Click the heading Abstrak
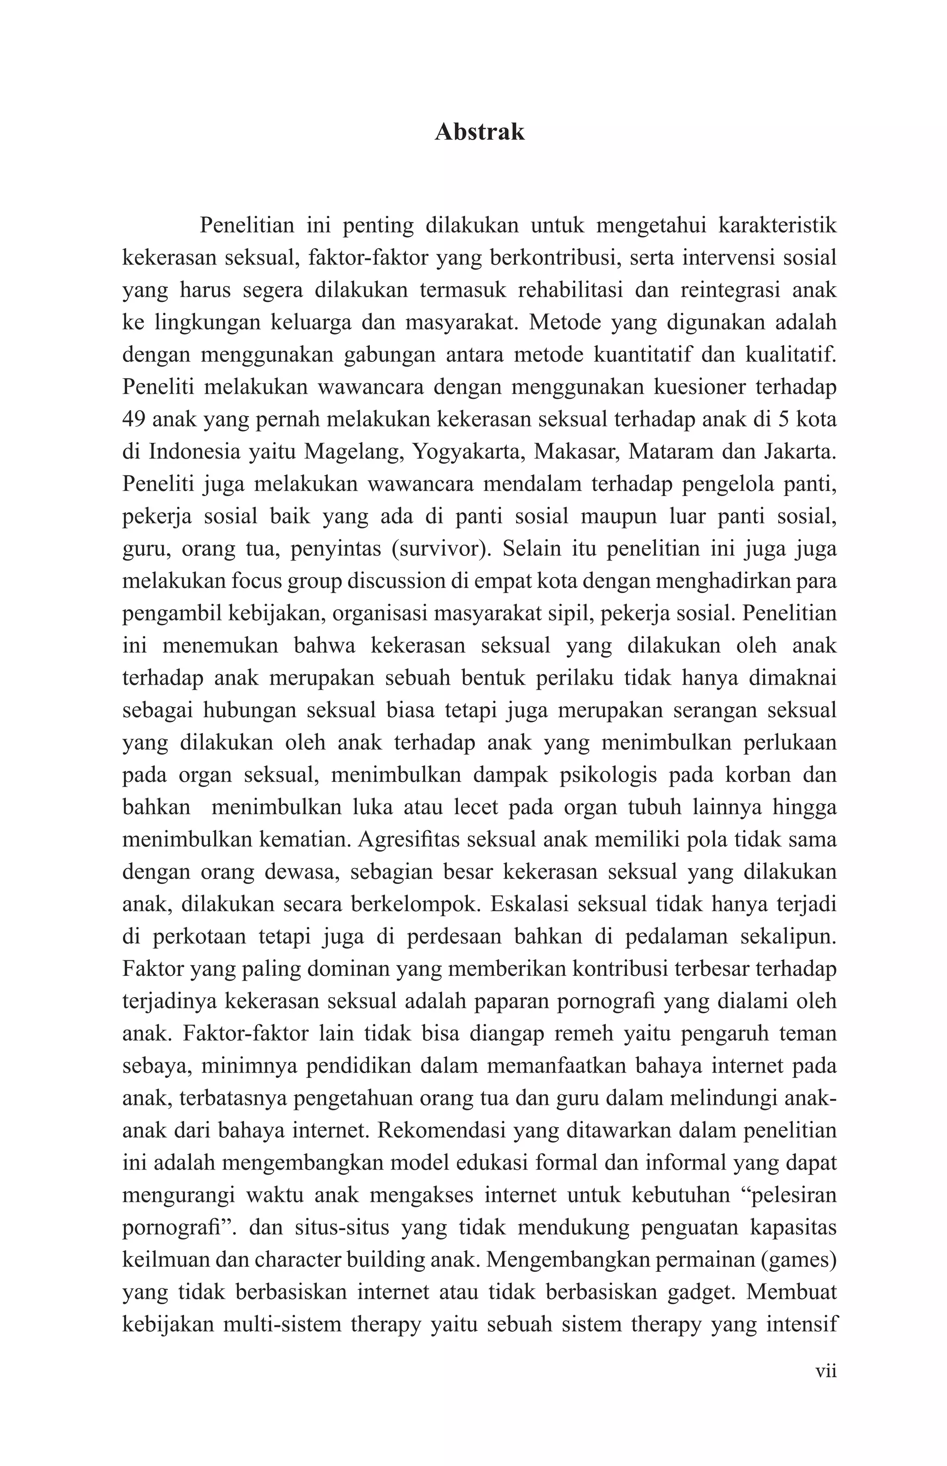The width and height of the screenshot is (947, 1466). tap(479, 132)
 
